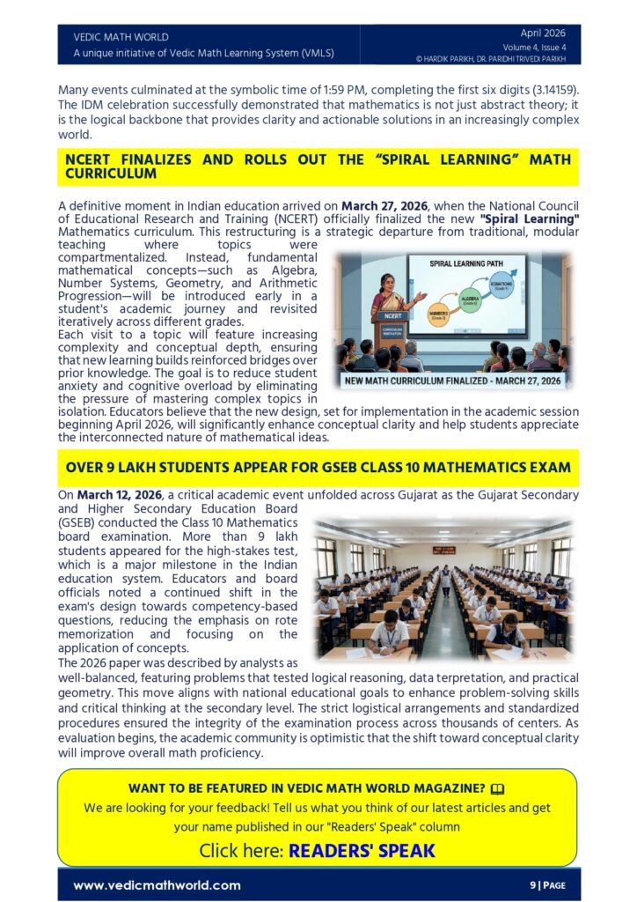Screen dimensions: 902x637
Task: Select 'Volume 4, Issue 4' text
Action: [535, 47]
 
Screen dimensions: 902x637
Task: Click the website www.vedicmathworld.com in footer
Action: [157, 885]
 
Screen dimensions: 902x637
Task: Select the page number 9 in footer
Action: [532, 885]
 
